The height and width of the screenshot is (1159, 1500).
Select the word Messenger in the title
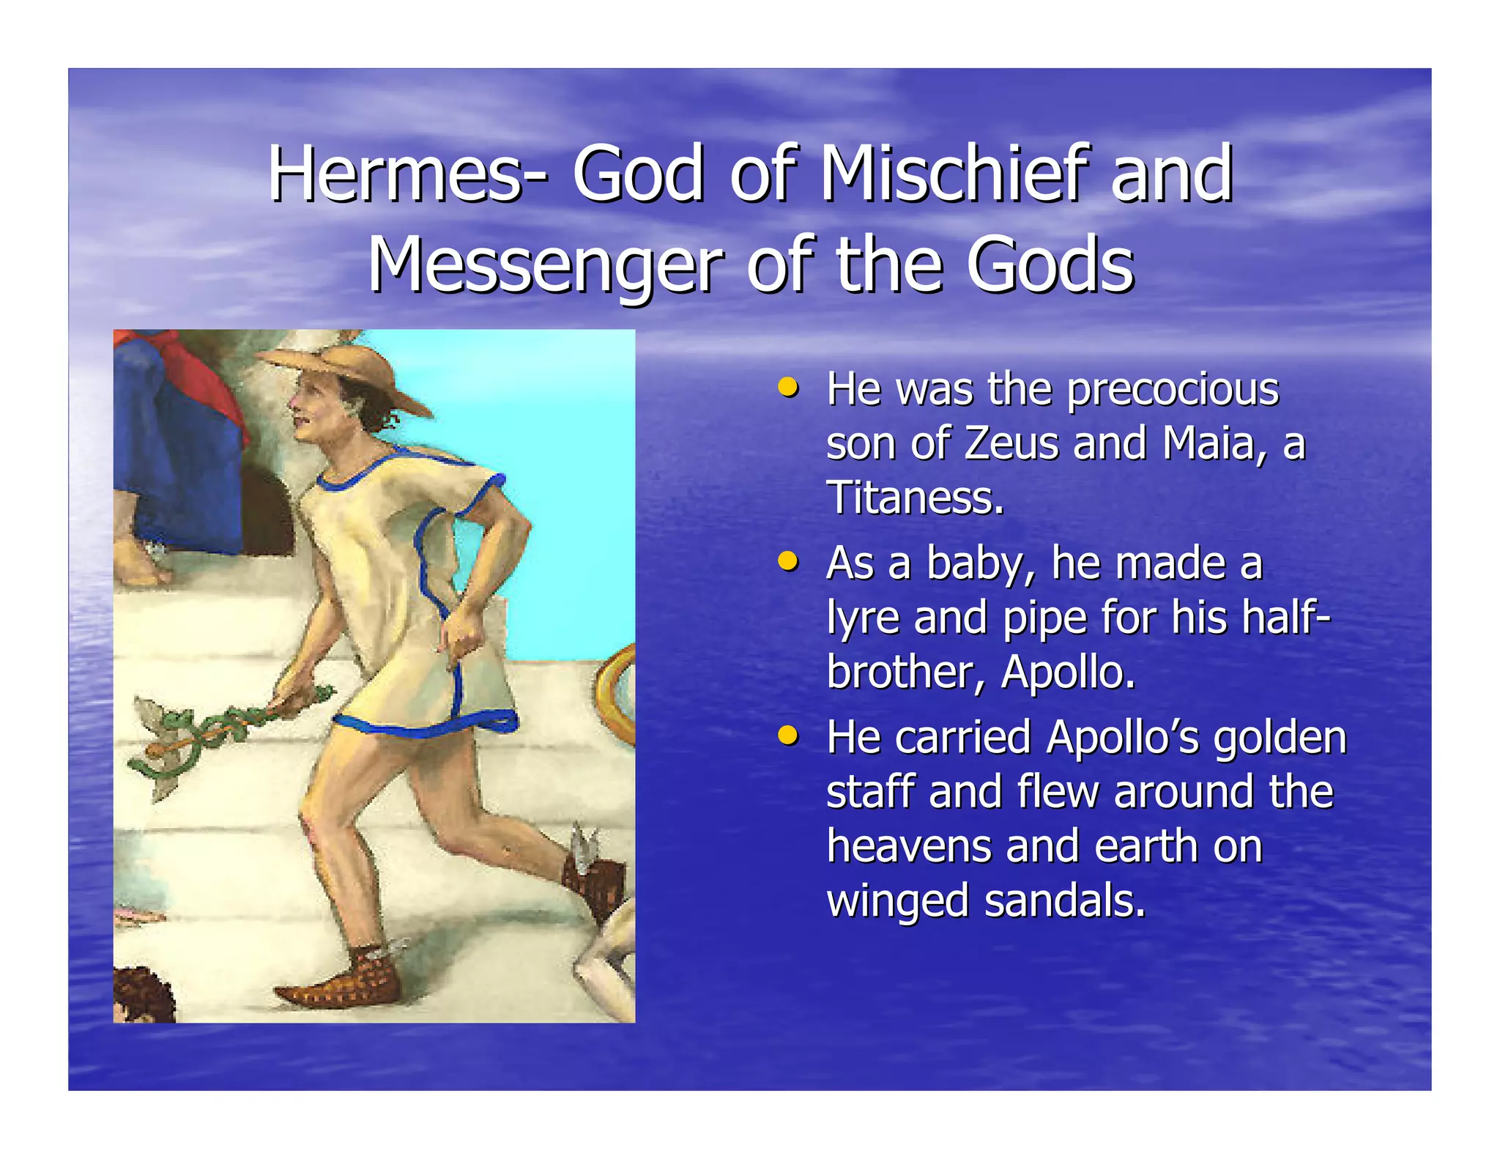pos(546,265)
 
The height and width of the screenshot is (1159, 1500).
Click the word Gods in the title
pos(1050,265)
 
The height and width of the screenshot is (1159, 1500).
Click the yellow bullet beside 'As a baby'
pos(787,561)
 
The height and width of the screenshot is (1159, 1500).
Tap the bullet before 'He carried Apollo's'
pos(787,734)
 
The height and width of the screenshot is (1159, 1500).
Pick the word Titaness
pos(915,498)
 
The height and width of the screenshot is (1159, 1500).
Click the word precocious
pos(1173,389)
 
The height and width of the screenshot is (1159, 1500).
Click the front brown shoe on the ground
pos(341,982)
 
